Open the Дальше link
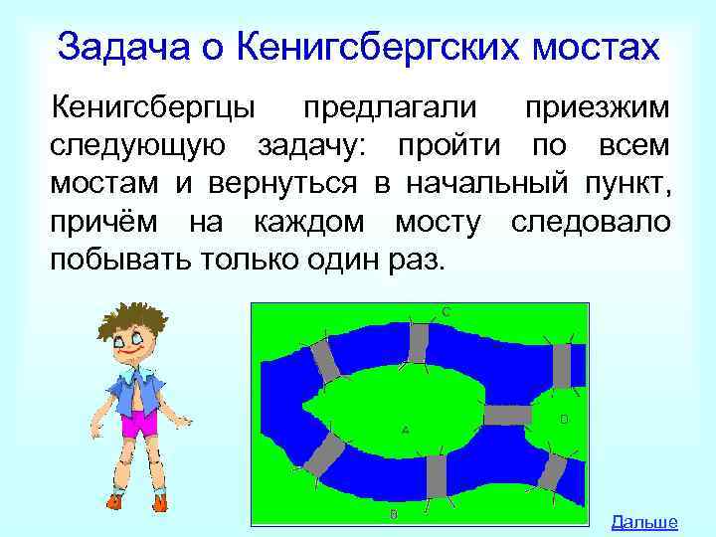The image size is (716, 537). click(644, 521)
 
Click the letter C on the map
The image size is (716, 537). click(447, 311)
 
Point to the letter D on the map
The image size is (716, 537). click(564, 420)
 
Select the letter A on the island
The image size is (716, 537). click(405, 431)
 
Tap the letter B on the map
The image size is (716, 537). click(394, 514)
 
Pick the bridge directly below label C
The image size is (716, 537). click(419, 341)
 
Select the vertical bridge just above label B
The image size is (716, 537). click(435, 476)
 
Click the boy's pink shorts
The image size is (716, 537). click(139, 424)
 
